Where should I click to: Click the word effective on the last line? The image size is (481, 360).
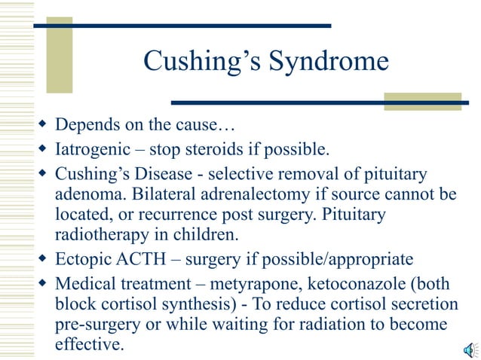coord(87,346)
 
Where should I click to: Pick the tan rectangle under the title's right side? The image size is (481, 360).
coord(421,101)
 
